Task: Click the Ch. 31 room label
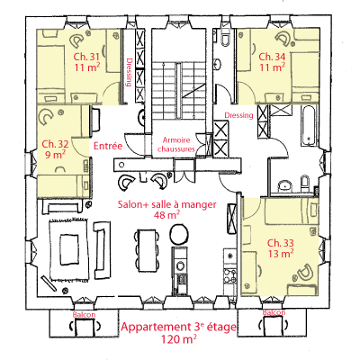click(86, 57)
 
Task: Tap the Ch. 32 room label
click(55, 144)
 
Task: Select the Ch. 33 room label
click(281, 242)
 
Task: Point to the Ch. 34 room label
click(272, 57)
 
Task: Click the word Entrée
click(108, 146)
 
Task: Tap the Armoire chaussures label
click(176, 144)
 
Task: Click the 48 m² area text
click(166, 215)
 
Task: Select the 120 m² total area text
click(179, 339)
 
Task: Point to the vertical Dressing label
click(130, 72)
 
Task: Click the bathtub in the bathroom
click(309, 126)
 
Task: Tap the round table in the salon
click(179, 235)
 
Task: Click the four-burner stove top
click(230, 276)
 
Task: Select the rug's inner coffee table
click(69, 249)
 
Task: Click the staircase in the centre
click(179, 90)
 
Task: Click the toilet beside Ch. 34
click(226, 38)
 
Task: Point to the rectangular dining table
click(147, 249)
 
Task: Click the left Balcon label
click(85, 315)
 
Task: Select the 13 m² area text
click(281, 254)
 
